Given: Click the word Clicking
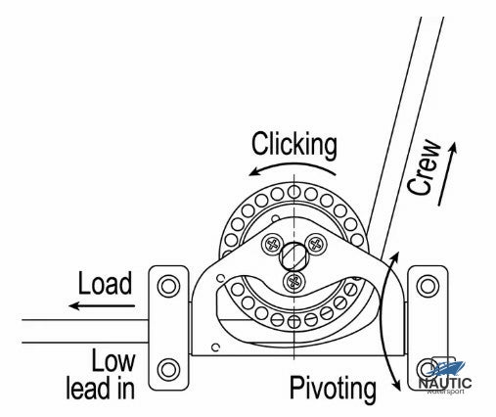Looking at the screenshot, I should (293, 145).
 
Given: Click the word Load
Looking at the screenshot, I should (104, 285).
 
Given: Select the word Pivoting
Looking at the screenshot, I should (334, 390).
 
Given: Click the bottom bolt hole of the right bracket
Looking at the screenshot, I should (427, 370).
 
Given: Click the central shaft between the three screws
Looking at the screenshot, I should (293, 257).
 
